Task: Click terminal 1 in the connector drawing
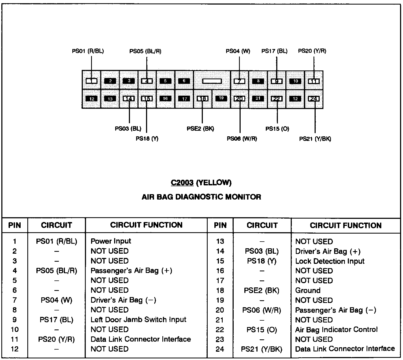click(91, 81)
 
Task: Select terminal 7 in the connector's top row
click(239, 81)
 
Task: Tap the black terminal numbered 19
click(221, 98)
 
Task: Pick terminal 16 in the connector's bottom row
click(165, 99)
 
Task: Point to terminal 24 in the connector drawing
click(314, 99)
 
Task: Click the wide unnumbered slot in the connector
click(212, 81)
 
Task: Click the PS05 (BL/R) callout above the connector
click(145, 51)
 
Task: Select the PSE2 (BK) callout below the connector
click(200, 129)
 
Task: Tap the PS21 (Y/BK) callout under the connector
click(315, 139)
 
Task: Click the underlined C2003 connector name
click(182, 183)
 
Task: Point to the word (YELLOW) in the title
click(214, 183)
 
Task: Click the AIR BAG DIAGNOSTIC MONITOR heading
click(201, 197)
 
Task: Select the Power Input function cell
click(111, 241)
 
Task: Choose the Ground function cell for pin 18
click(308, 290)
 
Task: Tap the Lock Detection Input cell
click(330, 261)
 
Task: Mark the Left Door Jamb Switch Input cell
click(138, 320)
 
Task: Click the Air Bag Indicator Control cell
click(336, 329)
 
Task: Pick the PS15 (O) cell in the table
click(262, 330)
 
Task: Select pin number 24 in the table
click(220, 349)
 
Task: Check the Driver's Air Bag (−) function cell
click(123, 300)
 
